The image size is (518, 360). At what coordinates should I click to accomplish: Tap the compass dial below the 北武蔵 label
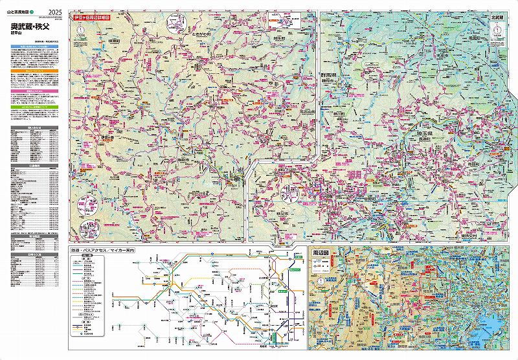[497, 30]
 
